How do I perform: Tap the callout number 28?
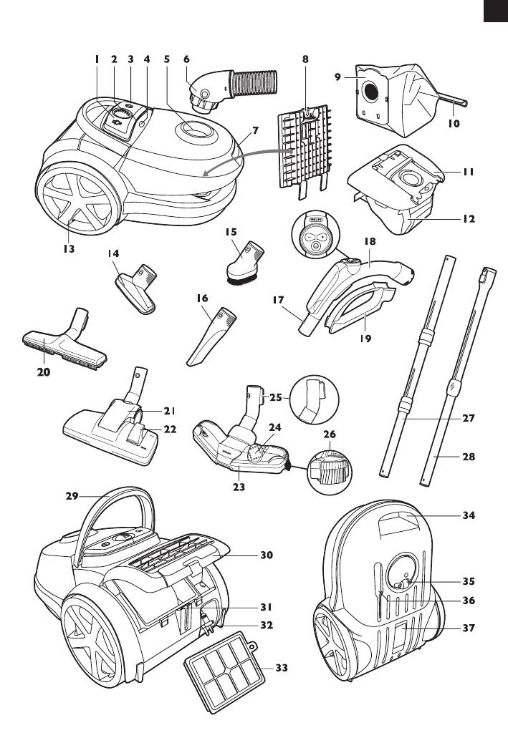pyautogui.click(x=469, y=456)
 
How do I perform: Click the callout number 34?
pyautogui.click(x=469, y=515)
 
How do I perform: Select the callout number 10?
pyautogui.click(x=454, y=122)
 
